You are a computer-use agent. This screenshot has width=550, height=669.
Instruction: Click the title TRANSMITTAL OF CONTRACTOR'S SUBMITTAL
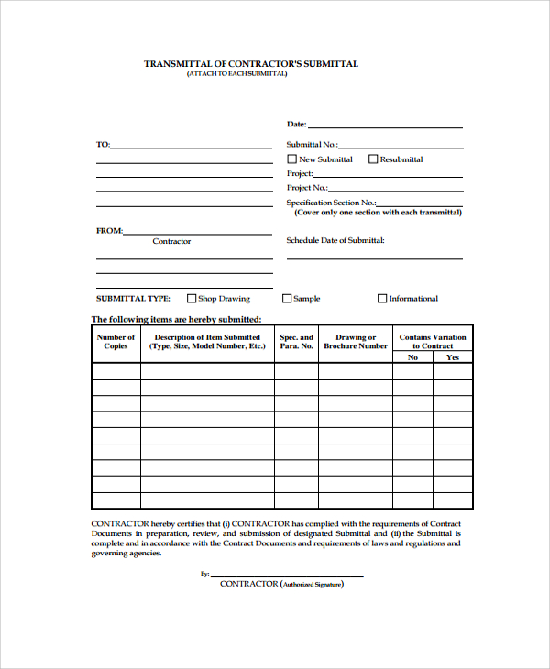point(251,64)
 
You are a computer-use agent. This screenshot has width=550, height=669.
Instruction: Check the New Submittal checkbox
point(292,159)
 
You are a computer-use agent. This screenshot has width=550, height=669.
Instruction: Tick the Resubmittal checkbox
point(373,159)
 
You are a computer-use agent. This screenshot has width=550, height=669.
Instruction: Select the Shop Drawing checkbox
point(192,298)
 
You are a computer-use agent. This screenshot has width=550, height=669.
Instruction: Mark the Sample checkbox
point(287,298)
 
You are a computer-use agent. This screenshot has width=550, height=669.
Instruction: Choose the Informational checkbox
point(382,298)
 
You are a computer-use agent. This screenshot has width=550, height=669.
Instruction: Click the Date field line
point(385,126)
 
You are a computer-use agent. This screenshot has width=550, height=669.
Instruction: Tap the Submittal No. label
point(312,145)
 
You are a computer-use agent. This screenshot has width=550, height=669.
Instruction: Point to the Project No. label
point(307,188)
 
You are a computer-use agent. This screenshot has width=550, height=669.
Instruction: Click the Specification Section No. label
point(331,203)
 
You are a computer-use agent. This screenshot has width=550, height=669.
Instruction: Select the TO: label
point(103,145)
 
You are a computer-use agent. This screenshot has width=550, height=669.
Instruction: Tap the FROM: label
point(109,231)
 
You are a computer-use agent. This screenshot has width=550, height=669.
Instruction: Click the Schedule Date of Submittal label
point(335,240)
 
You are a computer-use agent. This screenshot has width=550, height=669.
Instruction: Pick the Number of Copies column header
point(115,342)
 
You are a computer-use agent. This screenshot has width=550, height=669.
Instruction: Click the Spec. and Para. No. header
point(296,342)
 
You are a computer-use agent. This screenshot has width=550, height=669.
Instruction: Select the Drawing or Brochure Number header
point(356,342)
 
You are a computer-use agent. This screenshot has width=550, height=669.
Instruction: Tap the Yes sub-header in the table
point(453,357)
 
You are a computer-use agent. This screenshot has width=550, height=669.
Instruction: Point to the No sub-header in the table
point(412,357)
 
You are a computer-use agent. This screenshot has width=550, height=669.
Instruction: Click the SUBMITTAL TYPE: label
point(133,299)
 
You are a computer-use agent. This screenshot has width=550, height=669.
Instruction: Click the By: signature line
point(286,576)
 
